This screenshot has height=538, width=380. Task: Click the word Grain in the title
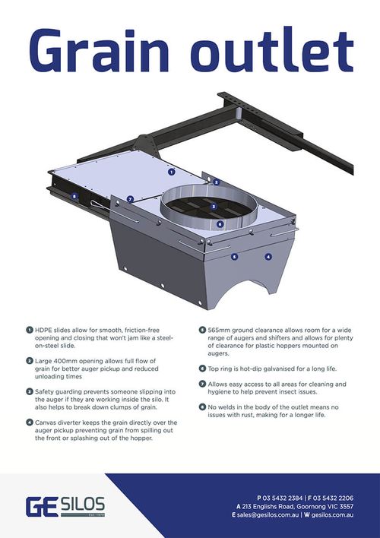tap(100, 50)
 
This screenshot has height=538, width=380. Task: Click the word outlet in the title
tap(272, 49)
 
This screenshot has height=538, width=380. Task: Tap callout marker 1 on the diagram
tap(171, 172)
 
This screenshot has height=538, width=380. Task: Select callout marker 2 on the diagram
tap(216, 182)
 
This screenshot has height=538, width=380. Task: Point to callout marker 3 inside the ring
tap(214, 207)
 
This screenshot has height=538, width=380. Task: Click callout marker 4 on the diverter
tap(268, 256)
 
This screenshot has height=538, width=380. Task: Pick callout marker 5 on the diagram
tap(234, 256)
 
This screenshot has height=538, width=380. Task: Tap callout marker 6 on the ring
tap(220, 224)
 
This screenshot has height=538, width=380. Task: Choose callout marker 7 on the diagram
tap(130, 199)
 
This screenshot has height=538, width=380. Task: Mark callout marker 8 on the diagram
tap(74, 197)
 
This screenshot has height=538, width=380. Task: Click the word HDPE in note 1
tap(43, 331)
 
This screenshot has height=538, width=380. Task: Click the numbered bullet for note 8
tap(202, 407)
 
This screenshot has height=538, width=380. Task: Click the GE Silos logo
tap(65, 506)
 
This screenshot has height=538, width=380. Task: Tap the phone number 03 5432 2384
tap(283, 498)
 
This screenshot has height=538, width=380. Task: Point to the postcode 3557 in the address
tap(346, 506)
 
